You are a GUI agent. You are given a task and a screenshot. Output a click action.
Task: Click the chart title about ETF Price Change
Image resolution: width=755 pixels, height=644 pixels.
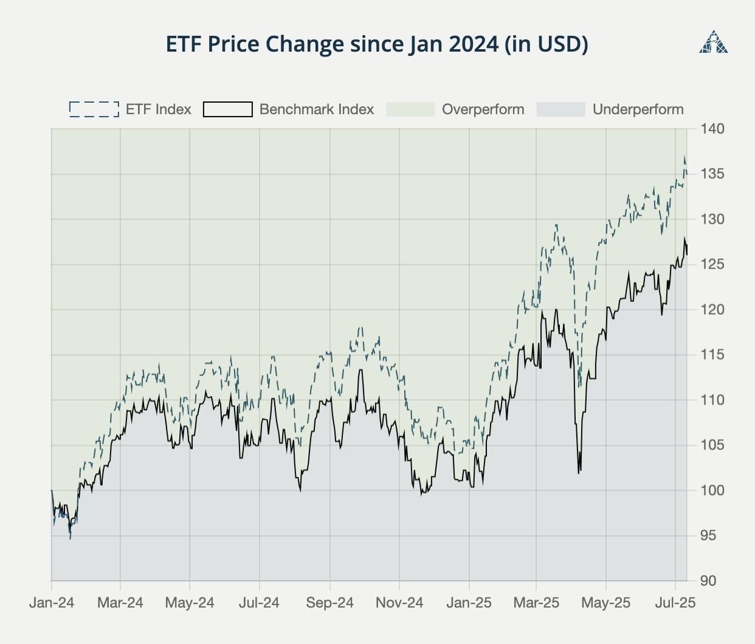(x=377, y=44)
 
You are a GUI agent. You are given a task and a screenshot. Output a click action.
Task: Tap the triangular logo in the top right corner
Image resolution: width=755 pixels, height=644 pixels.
(x=713, y=43)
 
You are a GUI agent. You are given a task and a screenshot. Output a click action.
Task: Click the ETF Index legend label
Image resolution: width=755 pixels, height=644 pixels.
(x=158, y=109)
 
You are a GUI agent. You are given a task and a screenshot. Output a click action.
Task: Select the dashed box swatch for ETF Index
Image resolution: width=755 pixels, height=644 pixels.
(x=94, y=109)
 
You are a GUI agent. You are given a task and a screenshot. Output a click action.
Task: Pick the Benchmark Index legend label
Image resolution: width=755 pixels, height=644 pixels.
(x=316, y=109)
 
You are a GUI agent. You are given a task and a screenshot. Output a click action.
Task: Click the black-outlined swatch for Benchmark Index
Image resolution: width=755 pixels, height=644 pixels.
(x=227, y=109)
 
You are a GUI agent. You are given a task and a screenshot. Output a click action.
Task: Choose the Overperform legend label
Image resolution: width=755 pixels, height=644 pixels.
(x=483, y=109)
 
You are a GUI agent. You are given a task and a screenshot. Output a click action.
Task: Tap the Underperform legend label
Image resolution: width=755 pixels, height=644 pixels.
(x=638, y=109)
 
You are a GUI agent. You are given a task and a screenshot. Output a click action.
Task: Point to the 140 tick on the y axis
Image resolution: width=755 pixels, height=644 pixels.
(x=712, y=129)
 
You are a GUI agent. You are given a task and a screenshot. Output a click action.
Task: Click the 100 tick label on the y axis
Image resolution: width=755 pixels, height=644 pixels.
(x=712, y=490)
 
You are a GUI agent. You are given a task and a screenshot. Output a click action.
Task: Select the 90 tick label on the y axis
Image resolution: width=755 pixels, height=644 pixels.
(x=708, y=581)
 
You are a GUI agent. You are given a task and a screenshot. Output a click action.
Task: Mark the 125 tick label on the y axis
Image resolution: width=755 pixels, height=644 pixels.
(x=712, y=264)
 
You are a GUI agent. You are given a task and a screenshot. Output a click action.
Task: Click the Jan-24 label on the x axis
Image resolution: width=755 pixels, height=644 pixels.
(x=52, y=603)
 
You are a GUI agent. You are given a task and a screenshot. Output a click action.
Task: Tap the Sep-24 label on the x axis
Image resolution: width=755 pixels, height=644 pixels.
(x=329, y=603)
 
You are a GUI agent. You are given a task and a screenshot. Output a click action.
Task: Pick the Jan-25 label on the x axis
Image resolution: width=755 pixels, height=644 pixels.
(x=469, y=603)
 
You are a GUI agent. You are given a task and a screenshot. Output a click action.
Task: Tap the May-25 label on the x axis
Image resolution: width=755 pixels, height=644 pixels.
(x=606, y=603)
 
